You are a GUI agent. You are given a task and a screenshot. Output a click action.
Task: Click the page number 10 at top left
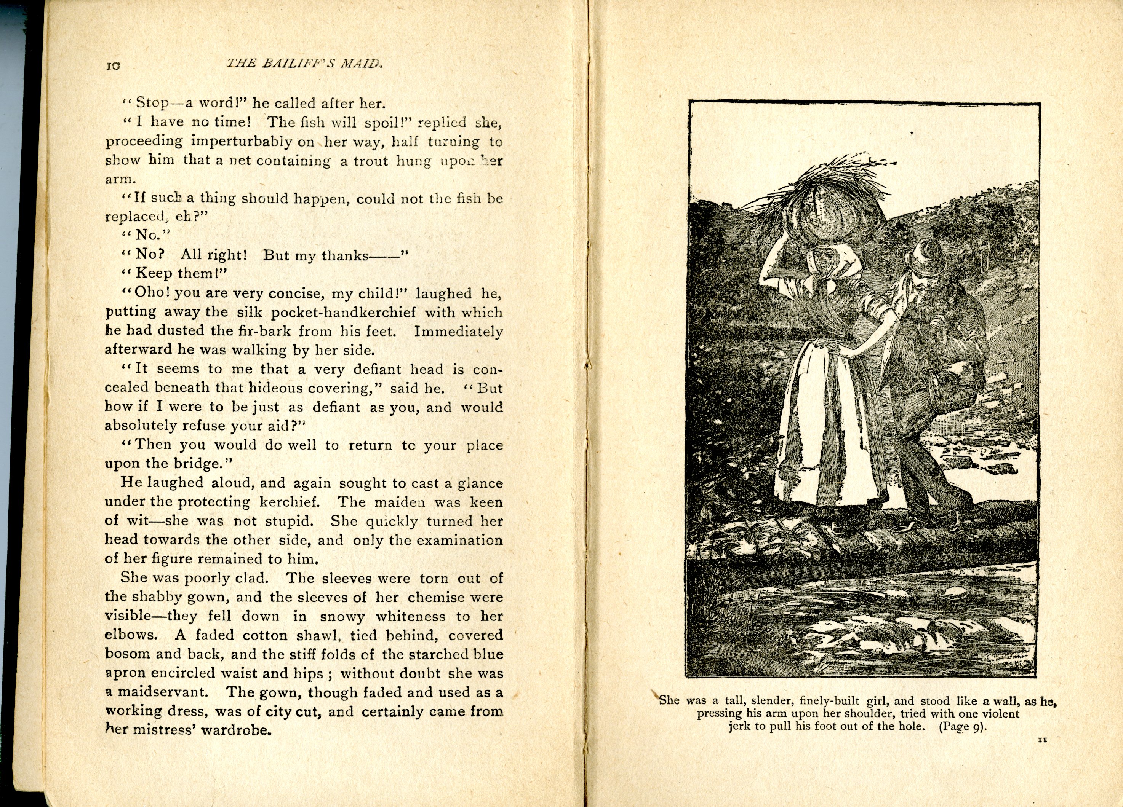[113, 66]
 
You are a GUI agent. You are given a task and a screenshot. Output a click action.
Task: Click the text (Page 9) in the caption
[962, 727]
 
